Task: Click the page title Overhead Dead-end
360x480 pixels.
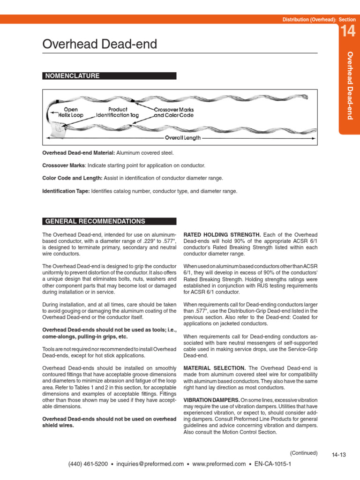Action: (x=100, y=45)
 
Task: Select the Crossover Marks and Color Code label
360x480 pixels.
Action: (x=174, y=112)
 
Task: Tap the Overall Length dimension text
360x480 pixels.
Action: (x=183, y=138)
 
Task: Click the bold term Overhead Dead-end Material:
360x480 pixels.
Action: (x=78, y=153)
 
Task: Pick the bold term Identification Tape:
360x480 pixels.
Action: (x=66, y=191)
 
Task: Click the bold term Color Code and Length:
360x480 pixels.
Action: (x=72, y=179)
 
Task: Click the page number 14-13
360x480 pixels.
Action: (x=338, y=454)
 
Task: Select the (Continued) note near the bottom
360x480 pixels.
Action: (x=303, y=453)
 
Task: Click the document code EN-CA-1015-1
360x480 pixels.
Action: (x=273, y=464)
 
